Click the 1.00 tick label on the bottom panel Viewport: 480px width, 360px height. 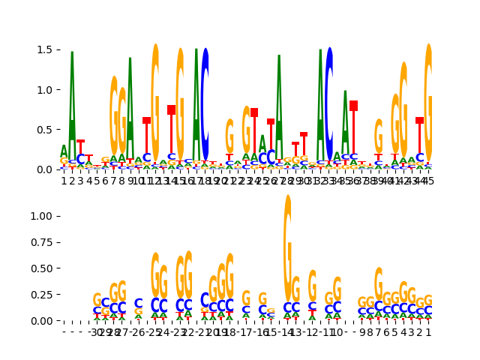[x=40, y=216]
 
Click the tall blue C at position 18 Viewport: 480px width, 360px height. [x=205, y=94]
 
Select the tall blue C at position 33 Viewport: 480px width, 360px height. [x=328, y=94]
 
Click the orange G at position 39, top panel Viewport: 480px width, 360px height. [x=379, y=135]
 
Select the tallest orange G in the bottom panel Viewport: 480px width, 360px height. [x=287, y=247]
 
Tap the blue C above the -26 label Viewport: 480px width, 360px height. [x=139, y=303]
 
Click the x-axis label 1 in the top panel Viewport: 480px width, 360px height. [x=64, y=181]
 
